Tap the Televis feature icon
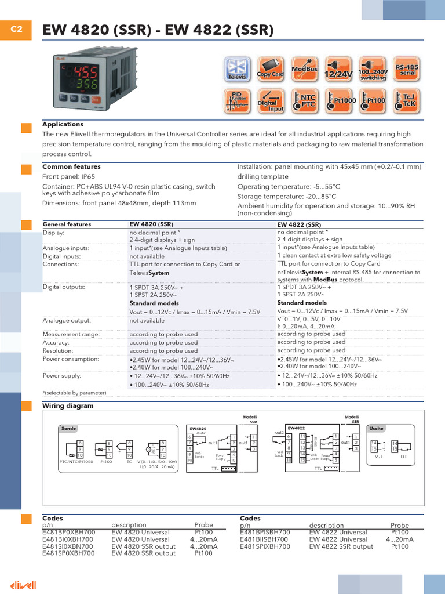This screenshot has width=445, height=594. (238, 70)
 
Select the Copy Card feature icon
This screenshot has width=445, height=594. (270, 70)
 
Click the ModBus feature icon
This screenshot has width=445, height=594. (305, 70)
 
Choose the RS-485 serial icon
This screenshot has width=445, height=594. (407, 70)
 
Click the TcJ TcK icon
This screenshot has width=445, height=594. (407, 101)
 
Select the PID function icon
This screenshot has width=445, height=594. (238, 101)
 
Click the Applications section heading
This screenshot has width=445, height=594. (63, 124)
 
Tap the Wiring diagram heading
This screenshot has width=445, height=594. (68, 406)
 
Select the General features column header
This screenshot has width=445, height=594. (67, 224)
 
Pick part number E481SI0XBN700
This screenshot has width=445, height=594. (68, 546)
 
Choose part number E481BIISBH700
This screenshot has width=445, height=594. (265, 539)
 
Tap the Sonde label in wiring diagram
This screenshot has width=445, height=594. (68, 429)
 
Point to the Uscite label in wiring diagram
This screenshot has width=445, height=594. (384, 429)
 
